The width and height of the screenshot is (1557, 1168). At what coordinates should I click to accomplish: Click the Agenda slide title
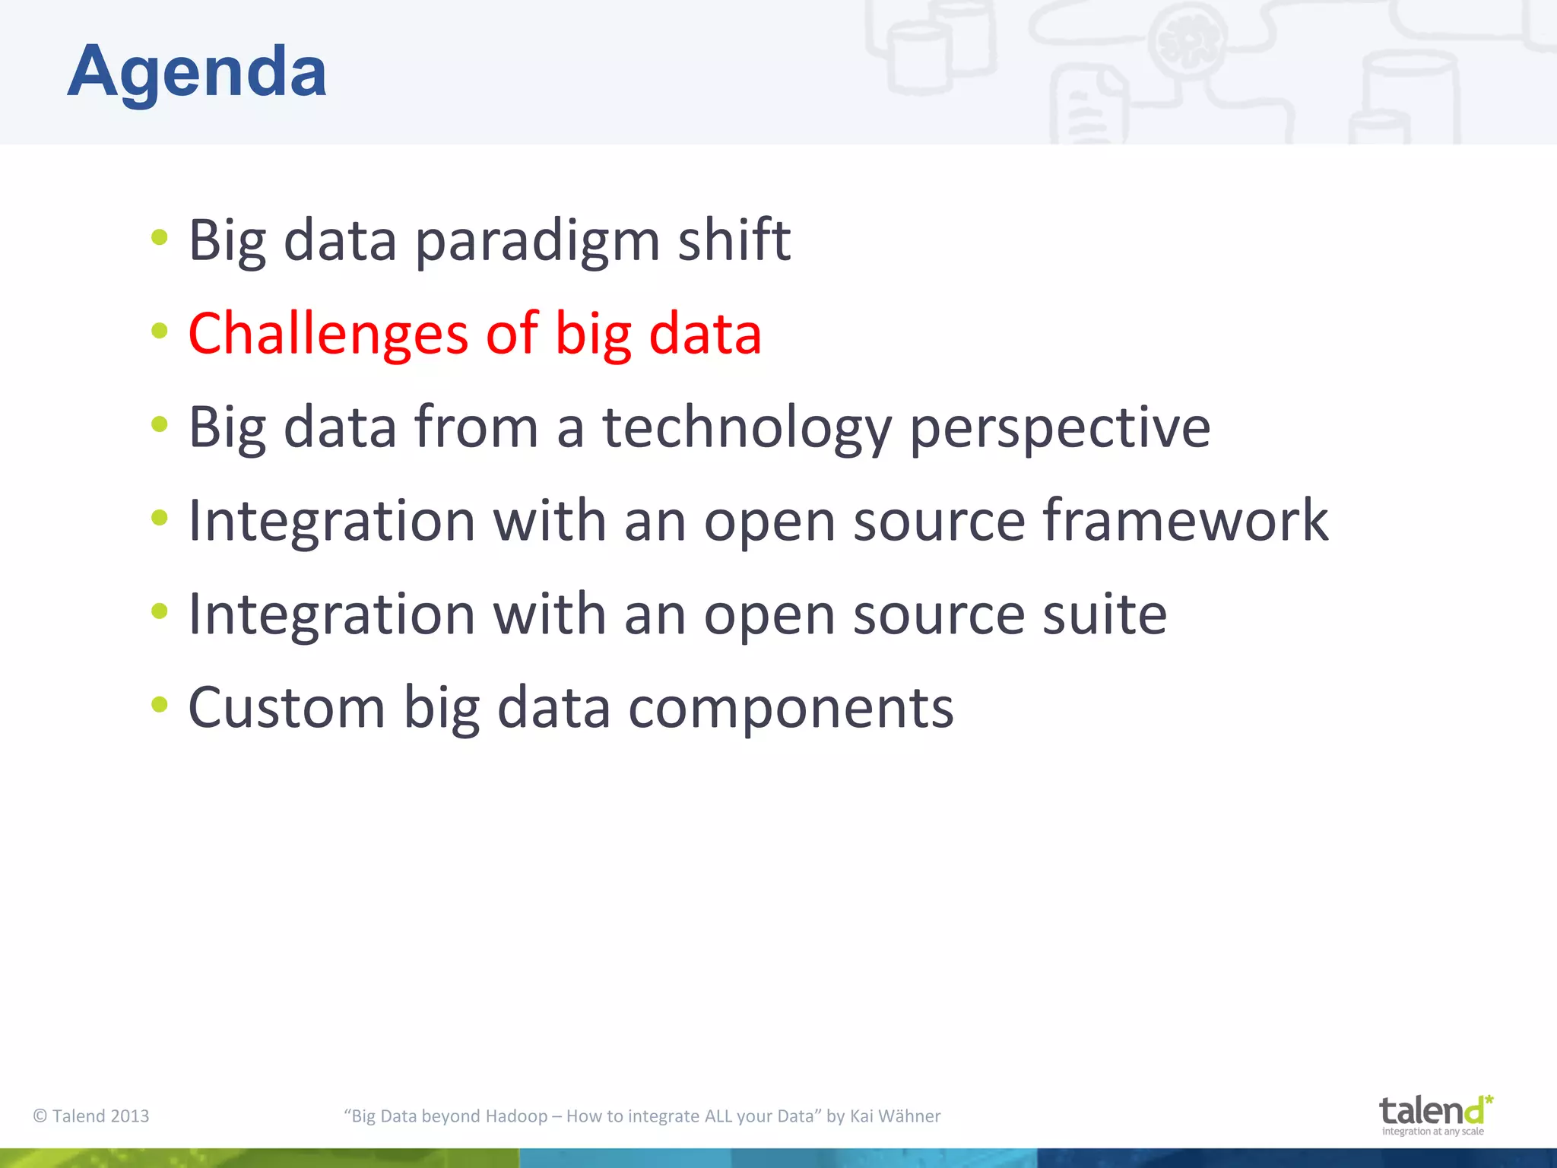pos(197,72)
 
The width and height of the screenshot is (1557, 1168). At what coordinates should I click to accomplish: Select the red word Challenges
pos(328,334)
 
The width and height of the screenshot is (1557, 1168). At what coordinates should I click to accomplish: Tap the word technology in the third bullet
pos(747,427)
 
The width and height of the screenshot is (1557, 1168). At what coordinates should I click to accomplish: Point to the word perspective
pos(1060,427)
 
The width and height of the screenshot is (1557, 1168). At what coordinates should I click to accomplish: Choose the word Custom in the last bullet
pos(286,708)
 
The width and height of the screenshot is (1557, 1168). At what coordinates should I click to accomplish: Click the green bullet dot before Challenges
pos(159,331)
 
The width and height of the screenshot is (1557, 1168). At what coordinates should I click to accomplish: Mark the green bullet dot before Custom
pos(159,704)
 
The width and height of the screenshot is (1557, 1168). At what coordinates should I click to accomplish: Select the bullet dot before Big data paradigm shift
pos(159,237)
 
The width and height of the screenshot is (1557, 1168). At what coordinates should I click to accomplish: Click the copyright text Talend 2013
pos(91,1116)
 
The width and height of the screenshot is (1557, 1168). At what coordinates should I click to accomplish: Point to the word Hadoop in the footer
pos(516,1116)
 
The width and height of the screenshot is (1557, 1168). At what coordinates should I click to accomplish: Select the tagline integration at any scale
pos(1432,1131)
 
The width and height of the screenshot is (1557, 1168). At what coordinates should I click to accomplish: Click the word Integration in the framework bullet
pos(331,521)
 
